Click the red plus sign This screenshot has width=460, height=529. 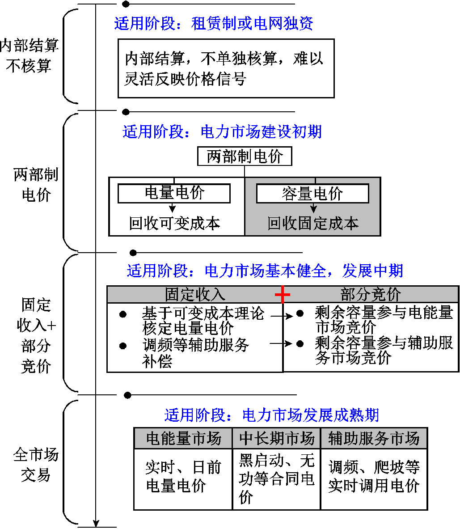(283, 294)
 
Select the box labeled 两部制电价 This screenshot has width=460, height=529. (245, 157)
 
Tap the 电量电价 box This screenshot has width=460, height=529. (174, 193)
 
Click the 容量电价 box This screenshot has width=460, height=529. (312, 194)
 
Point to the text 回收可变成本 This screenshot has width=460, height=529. (174, 223)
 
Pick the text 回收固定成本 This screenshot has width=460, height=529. (313, 223)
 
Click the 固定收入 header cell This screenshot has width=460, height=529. (195, 295)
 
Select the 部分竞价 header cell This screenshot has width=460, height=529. (371, 295)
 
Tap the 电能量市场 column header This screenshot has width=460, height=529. (183, 438)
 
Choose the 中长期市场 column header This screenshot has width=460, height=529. (277, 438)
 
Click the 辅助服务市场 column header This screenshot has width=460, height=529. (374, 438)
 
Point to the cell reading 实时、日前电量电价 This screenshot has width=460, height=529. (183, 477)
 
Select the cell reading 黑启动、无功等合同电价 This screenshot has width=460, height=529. (277, 478)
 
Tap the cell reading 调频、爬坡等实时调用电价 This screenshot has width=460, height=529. (374, 477)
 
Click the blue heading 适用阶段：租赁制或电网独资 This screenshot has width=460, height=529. (214, 23)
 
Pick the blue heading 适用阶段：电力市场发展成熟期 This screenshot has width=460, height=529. (272, 415)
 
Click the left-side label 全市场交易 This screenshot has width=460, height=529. (36, 465)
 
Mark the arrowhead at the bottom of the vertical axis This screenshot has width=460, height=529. (96, 523)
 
